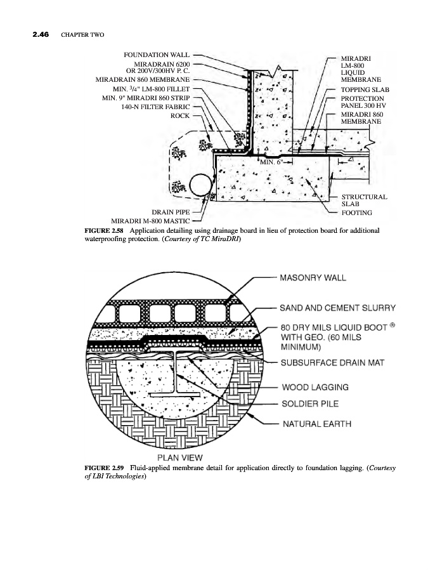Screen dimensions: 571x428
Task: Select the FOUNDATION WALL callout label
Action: [156, 56]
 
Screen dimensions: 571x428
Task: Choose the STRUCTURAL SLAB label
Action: [364, 200]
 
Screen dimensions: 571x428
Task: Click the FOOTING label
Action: [357, 213]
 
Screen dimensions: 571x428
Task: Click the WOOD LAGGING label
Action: [315, 386]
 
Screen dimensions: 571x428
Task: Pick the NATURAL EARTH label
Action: [317, 424]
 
